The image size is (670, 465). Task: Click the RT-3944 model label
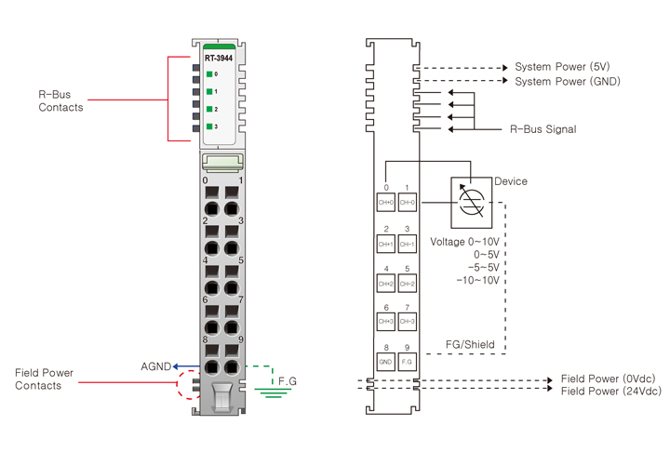pyautogui.click(x=219, y=58)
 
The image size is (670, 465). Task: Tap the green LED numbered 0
pyautogui.click(x=210, y=73)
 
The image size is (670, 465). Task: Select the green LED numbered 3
pyautogui.click(x=210, y=126)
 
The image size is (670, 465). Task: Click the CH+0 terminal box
pyautogui.click(x=386, y=203)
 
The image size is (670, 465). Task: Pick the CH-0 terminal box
pyautogui.click(x=407, y=203)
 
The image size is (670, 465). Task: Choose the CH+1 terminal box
pyautogui.click(x=386, y=244)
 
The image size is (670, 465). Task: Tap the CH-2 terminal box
pyautogui.click(x=407, y=283)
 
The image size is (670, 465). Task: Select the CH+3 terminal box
pyautogui.click(x=386, y=322)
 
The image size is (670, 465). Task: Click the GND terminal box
pyautogui.click(x=386, y=361)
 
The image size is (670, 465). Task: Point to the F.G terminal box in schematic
pyautogui.click(x=407, y=361)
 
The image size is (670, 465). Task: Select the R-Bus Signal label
pyautogui.click(x=543, y=129)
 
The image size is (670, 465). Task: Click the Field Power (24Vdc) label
pyautogui.click(x=610, y=392)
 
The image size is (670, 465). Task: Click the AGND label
pyautogui.click(x=155, y=366)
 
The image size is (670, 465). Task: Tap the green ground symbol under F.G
pyautogui.click(x=272, y=393)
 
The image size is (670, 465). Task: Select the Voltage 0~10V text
pyautogui.click(x=464, y=241)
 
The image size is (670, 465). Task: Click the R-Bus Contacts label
pyautogui.click(x=60, y=100)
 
